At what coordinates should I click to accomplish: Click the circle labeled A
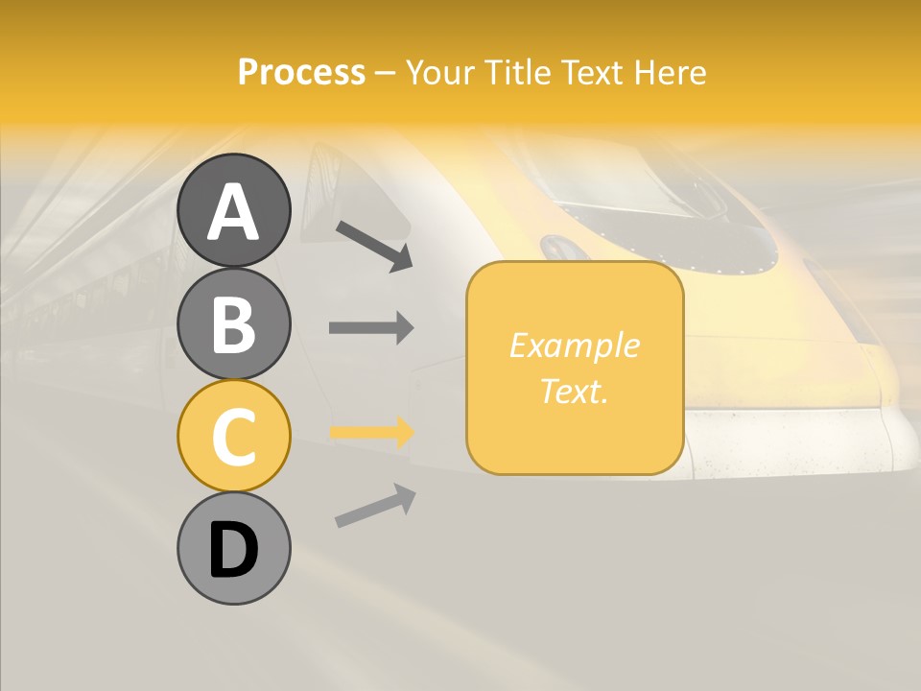[233, 210]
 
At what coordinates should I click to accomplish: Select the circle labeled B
[233, 323]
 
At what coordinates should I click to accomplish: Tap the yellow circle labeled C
[233, 436]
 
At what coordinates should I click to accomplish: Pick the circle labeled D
[233, 549]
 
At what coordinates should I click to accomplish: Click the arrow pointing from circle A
[374, 246]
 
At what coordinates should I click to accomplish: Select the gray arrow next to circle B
[371, 327]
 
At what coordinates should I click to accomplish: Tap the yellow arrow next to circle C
[371, 432]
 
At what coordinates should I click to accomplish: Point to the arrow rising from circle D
[375, 506]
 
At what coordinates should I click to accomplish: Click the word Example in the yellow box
[574, 345]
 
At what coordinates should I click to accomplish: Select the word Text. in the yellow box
[574, 391]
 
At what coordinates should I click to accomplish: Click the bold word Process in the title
[301, 72]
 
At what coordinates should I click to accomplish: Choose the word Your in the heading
[441, 72]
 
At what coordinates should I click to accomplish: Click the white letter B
[233, 323]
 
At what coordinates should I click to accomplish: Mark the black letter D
[233, 551]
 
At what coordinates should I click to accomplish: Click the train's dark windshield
[672, 206]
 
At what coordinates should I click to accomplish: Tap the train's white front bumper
[796, 441]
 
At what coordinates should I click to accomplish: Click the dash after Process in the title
[386, 74]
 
